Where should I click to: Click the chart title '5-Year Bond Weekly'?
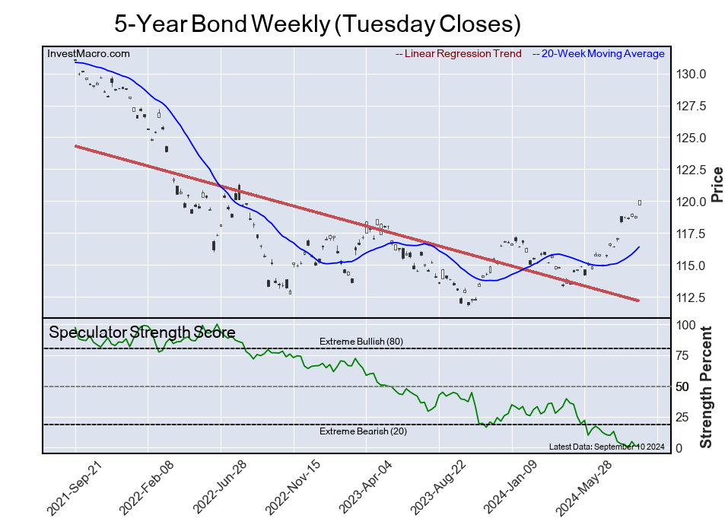[x=317, y=24]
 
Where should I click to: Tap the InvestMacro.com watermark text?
[x=88, y=53]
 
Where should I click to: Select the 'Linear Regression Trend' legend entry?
[x=459, y=53]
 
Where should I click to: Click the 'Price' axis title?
[x=717, y=184]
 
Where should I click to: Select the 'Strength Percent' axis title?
[x=706, y=387]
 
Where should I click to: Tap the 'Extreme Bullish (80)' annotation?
[x=361, y=342]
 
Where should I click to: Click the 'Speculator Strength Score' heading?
[x=141, y=332]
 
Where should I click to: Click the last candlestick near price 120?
[x=640, y=202]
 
